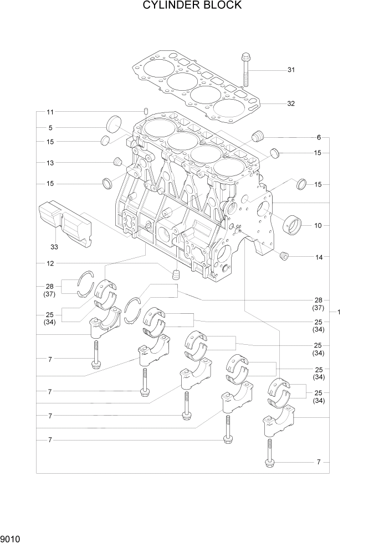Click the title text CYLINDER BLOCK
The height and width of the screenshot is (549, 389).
point(192,6)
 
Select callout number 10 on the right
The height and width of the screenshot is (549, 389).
point(318,226)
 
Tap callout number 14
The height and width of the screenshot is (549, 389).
point(318,257)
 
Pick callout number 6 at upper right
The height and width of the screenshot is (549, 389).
point(319,137)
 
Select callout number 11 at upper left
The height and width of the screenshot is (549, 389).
point(50,111)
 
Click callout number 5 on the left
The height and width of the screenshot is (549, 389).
point(50,128)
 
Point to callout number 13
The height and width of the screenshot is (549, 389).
point(50,163)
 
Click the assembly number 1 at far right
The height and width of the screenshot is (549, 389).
point(339,312)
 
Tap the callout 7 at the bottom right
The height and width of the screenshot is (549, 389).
point(319,462)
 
